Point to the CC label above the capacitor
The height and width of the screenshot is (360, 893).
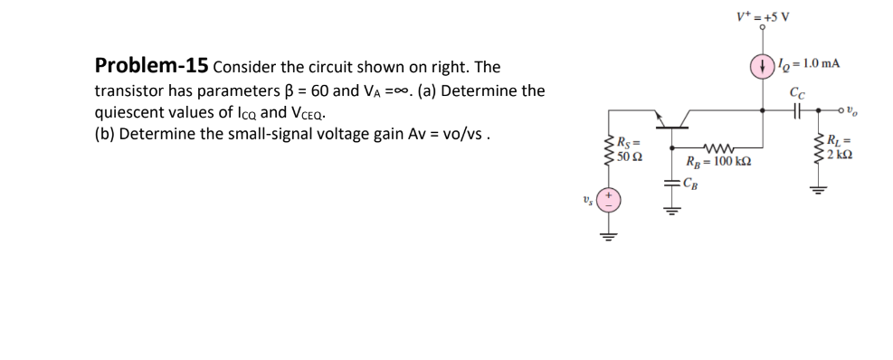point(796,90)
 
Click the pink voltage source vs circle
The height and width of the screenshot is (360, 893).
point(610,200)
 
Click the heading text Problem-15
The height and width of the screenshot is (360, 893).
point(152,66)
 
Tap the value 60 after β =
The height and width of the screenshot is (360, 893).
point(322,91)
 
